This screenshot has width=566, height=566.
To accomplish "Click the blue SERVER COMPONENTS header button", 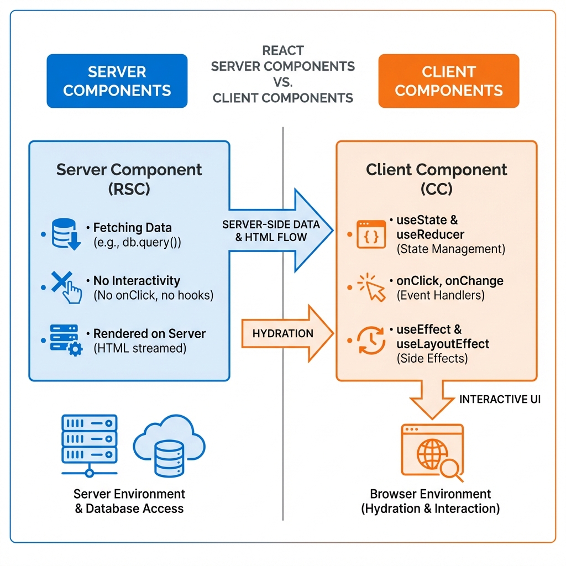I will (x=117, y=81).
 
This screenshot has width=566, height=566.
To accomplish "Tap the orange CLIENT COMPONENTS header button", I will (x=448, y=81).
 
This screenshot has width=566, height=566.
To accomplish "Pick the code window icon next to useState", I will (x=371, y=234).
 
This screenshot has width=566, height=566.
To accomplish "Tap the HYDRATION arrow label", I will (x=282, y=333).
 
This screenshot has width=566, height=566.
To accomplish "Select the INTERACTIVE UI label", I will (x=500, y=399).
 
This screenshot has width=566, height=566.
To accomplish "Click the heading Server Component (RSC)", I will (x=129, y=179).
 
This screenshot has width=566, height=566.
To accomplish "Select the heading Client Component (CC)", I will (x=436, y=179).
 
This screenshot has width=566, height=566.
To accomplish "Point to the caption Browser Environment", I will (x=431, y=494).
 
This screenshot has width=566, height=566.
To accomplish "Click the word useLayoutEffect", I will (x=443, y=344).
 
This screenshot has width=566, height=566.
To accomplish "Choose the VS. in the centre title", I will (x=282, y=82).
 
